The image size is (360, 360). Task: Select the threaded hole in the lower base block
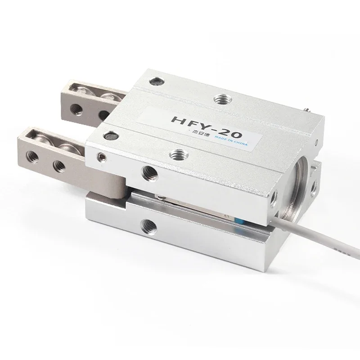[146, 224]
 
